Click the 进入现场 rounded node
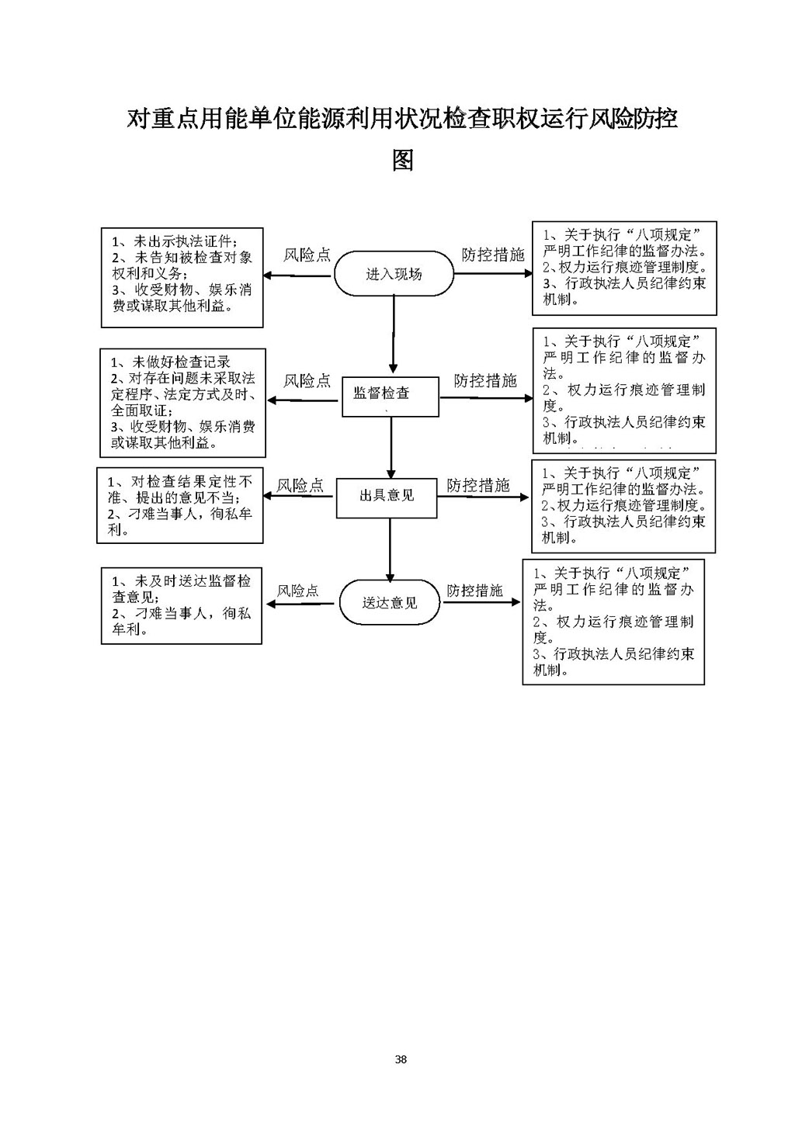394,274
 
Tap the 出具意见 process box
386,495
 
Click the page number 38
401,1059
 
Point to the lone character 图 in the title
402,160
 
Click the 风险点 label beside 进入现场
307,255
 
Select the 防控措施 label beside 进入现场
493,255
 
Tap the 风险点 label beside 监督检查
307,381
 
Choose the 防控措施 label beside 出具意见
478,486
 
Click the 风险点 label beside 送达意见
298,591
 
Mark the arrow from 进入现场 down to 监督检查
394,334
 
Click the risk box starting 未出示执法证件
182,277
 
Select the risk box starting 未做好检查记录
182,402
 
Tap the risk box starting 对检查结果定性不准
180,505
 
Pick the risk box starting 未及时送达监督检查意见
182,605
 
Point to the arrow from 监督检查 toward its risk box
305,400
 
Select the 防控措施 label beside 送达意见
474,591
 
